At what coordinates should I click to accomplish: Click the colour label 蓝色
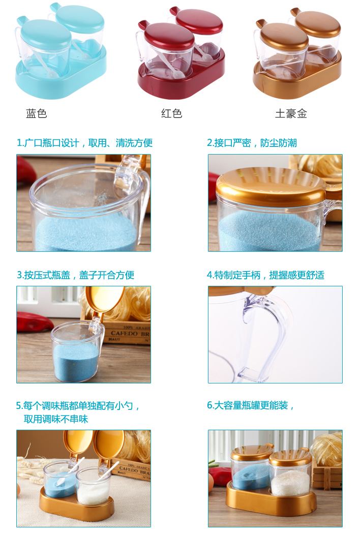pyautogui.click(x=36, y=113)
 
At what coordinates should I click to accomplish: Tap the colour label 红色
pyautogui.click(x=172, y=113)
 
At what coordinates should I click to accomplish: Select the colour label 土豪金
pyautogui.click(x=291, y=113)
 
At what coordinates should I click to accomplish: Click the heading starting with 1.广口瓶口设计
pyautogui.click(x=84, y=142)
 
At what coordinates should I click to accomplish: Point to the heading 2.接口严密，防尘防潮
pyautogui.click(x=252, y=142)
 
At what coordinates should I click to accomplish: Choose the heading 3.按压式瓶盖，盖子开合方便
pyautogui.click(x=75, y=275)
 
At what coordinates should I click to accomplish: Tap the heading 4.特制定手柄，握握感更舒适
pyautogui.click(x=265, y=275)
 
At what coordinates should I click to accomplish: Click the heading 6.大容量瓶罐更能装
pyautogui.click(x=251, y=405)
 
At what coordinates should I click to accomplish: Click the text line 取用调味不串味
pyautogui.click(x=56, y=419)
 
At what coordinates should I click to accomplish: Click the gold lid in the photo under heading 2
pyautogui.click(x=270, y=186)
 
